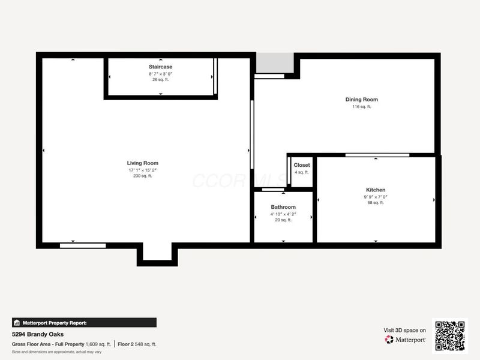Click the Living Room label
click(x=142, y=163)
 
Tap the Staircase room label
click(x=161, y=66)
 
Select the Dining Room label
click(x=361, y=100)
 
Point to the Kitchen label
click(x=376, y=190)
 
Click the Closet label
click(x=302, y=165)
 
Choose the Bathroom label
click(x=283, y=207)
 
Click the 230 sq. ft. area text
click(x=142, y=176)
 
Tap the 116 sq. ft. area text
click(x=361, y=107)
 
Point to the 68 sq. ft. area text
click(x=376, y=203)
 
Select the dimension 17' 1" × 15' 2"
click(x=142, y=170)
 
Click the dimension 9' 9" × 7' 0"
click(x=376, y=196)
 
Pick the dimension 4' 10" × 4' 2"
click(x=283, y=214)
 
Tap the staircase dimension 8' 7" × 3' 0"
click(x=161, y=73)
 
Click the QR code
click(x=449, y=335)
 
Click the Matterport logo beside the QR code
click(x=406, y=340)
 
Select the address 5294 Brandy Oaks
click(x=38, y=334)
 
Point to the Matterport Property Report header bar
click(x=84, y=322)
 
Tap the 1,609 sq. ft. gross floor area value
click(x=99, y=344)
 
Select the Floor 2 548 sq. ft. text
click(x=137, y=344)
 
